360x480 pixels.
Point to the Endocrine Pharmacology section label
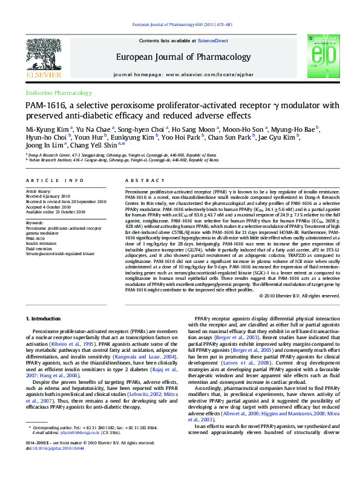point(54,93)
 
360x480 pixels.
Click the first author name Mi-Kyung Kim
point(47,129)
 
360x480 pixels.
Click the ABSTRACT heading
point(136,181)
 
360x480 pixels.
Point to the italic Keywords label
point(35,223)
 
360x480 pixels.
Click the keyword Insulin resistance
point(42,243)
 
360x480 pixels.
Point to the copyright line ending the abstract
point(299,296)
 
